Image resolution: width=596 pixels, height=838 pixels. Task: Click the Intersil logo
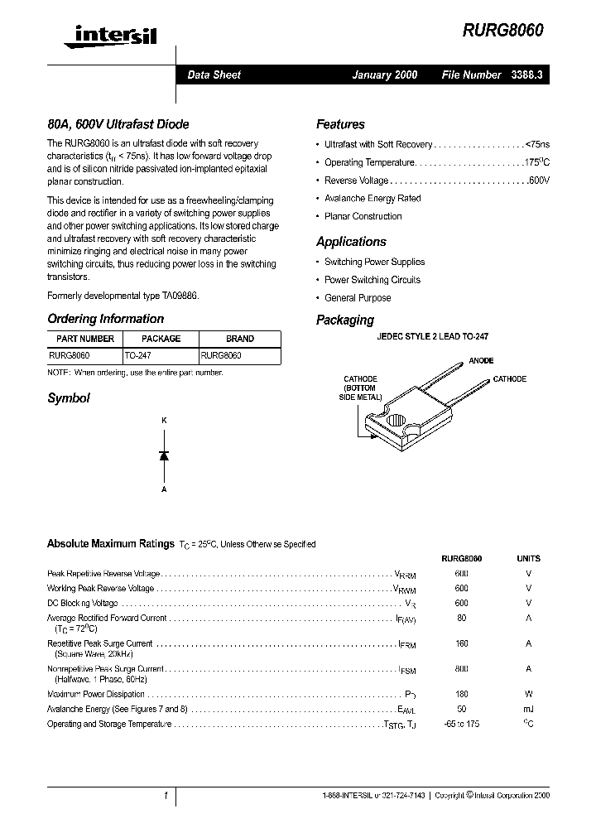pyautogui.click(x=103, y=34)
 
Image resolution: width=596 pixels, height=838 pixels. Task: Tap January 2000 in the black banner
pyautogui.click(x=384, y=75)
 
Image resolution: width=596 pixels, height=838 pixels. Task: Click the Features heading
pyautogui.click(x=340, y=124)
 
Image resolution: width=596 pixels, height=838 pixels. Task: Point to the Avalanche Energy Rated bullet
pyautogui.click(x=372, y=199)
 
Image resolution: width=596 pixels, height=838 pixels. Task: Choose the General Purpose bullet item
pyautogui.click(x=358, y=298)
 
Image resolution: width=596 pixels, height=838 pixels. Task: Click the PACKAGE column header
pyautogui.click(x=161, y=339)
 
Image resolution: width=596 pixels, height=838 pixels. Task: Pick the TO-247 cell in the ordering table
pyautogui.click(x=138, y=354)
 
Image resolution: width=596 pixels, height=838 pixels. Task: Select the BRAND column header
pyautogui.click(x=240, y=339)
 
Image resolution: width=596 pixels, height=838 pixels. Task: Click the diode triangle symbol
pyautogui.click(x=164, y=455)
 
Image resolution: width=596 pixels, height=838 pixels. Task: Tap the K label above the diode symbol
pyautogui.click(x=164, y=421)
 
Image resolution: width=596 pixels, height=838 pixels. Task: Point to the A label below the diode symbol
pyautogui.click(x=164, y=489)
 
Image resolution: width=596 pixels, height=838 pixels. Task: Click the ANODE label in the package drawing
pyautogui.click(x=481, y=361)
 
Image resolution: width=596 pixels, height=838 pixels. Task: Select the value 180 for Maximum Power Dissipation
pyautogui.click(x=461, y=695)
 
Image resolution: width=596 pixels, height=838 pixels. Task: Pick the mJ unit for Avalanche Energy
pyautogui.click(x=528, y=709)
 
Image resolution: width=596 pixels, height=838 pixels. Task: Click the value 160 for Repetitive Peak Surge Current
pyautogui.click(x=461, y=643)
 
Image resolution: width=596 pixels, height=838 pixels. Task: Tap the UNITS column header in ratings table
pyautogui.click(x=528, y=559)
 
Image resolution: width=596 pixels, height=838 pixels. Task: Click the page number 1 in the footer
pyautogui.click(x=166, y=795)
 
